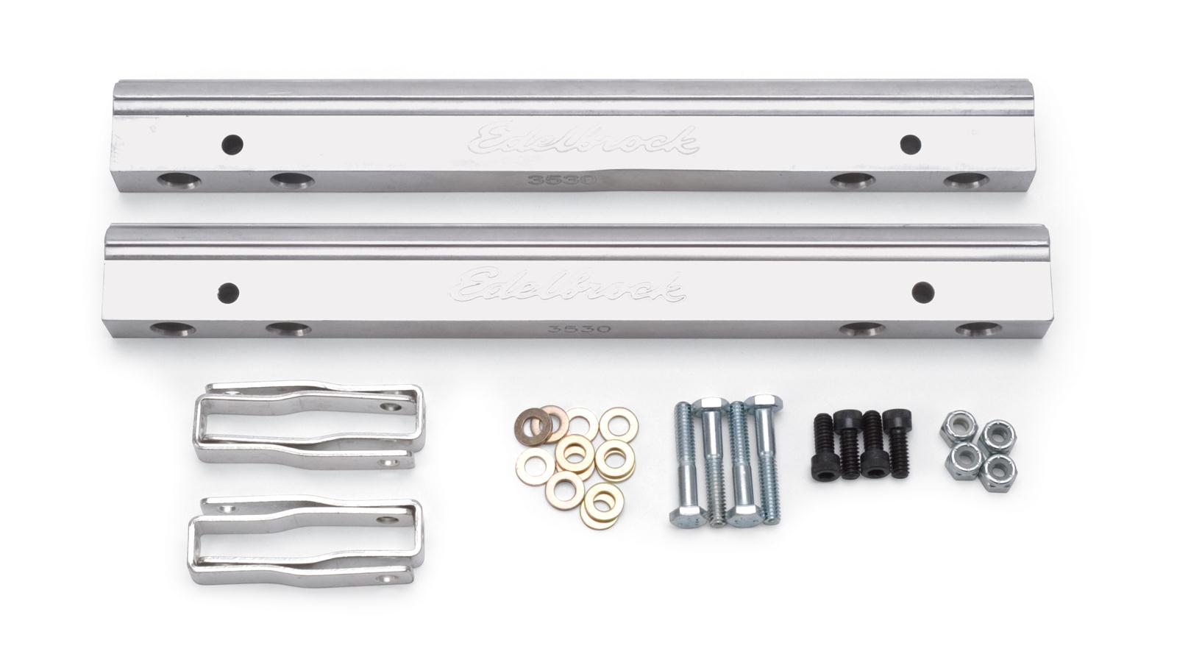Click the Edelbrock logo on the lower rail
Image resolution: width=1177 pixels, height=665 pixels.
[571, 284]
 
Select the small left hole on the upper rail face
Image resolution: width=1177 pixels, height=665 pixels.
[233, 143]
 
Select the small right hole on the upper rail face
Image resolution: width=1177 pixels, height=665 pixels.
[910, 143]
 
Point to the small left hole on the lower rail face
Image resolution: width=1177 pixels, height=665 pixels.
[228, 292]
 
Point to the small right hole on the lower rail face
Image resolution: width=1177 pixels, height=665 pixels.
[922, 292]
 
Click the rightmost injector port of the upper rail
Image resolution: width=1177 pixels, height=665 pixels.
[967, 181]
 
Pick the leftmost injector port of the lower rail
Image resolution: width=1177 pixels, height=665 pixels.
[173, 329]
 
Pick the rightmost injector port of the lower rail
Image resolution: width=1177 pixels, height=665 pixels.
[978, 329]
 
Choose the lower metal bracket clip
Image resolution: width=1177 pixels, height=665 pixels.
[306, 541]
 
